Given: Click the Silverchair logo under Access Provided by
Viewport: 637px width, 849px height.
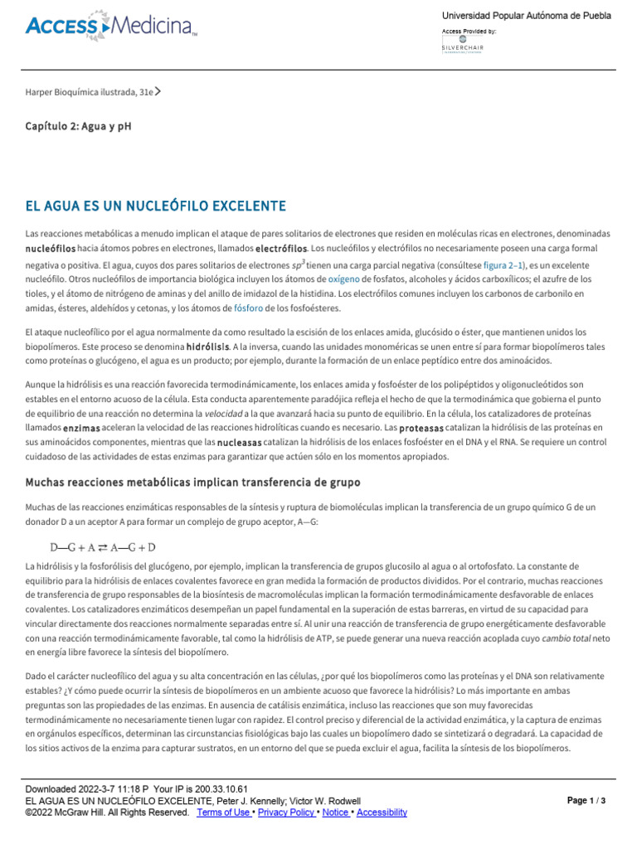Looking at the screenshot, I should (462, 49).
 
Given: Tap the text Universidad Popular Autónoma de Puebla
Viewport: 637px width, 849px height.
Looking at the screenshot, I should (526, 16).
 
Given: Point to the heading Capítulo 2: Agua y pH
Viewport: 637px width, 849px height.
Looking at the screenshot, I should (78, 127).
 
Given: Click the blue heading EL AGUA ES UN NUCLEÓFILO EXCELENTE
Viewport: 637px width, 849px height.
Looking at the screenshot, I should (156, 206).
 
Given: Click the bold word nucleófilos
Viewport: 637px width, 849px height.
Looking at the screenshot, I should (51, 249).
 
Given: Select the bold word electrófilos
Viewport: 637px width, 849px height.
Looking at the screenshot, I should (281, 249).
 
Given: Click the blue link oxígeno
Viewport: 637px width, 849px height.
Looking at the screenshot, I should (343, 279).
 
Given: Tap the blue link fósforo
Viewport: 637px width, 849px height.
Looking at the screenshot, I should (248, 308).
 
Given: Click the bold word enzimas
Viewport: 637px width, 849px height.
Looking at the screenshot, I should (81, 428).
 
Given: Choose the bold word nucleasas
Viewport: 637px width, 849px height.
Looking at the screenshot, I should (239, 443).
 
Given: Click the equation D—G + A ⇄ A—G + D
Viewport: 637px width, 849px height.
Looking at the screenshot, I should (103, 547).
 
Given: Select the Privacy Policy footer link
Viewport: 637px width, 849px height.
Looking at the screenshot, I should (287, 813).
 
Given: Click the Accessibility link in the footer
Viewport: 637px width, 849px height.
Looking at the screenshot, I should (382, 813).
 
